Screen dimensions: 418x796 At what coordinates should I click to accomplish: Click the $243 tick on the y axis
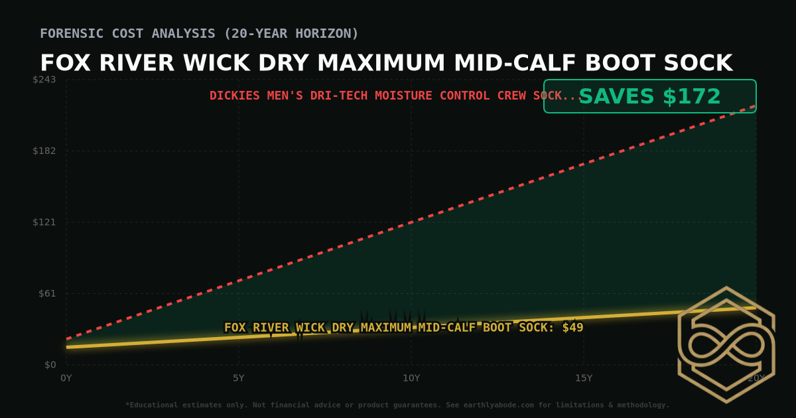(45, 80)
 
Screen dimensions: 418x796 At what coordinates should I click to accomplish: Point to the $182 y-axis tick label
(45, 151)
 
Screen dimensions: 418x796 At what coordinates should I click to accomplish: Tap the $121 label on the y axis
(45, 222)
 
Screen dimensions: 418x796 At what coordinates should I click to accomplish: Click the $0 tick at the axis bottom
(50, 365)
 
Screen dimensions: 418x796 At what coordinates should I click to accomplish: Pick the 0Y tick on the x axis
(66, 378)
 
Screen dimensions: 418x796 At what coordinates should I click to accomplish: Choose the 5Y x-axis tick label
(239, 378)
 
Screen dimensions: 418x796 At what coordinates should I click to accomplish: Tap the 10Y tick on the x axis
(411, 378)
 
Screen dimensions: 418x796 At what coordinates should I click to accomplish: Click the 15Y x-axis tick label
(584, 378)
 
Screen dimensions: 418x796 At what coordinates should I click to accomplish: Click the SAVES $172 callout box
(649, 97)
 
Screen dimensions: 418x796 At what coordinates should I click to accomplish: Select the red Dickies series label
(395, 96)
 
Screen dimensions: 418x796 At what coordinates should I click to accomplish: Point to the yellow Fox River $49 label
(403, 327)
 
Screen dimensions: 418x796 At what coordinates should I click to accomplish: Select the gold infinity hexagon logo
(726, 345)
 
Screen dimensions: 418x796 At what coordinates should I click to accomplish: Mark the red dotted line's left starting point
(67, 339)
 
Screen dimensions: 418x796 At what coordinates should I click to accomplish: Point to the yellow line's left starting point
(67, 347)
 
